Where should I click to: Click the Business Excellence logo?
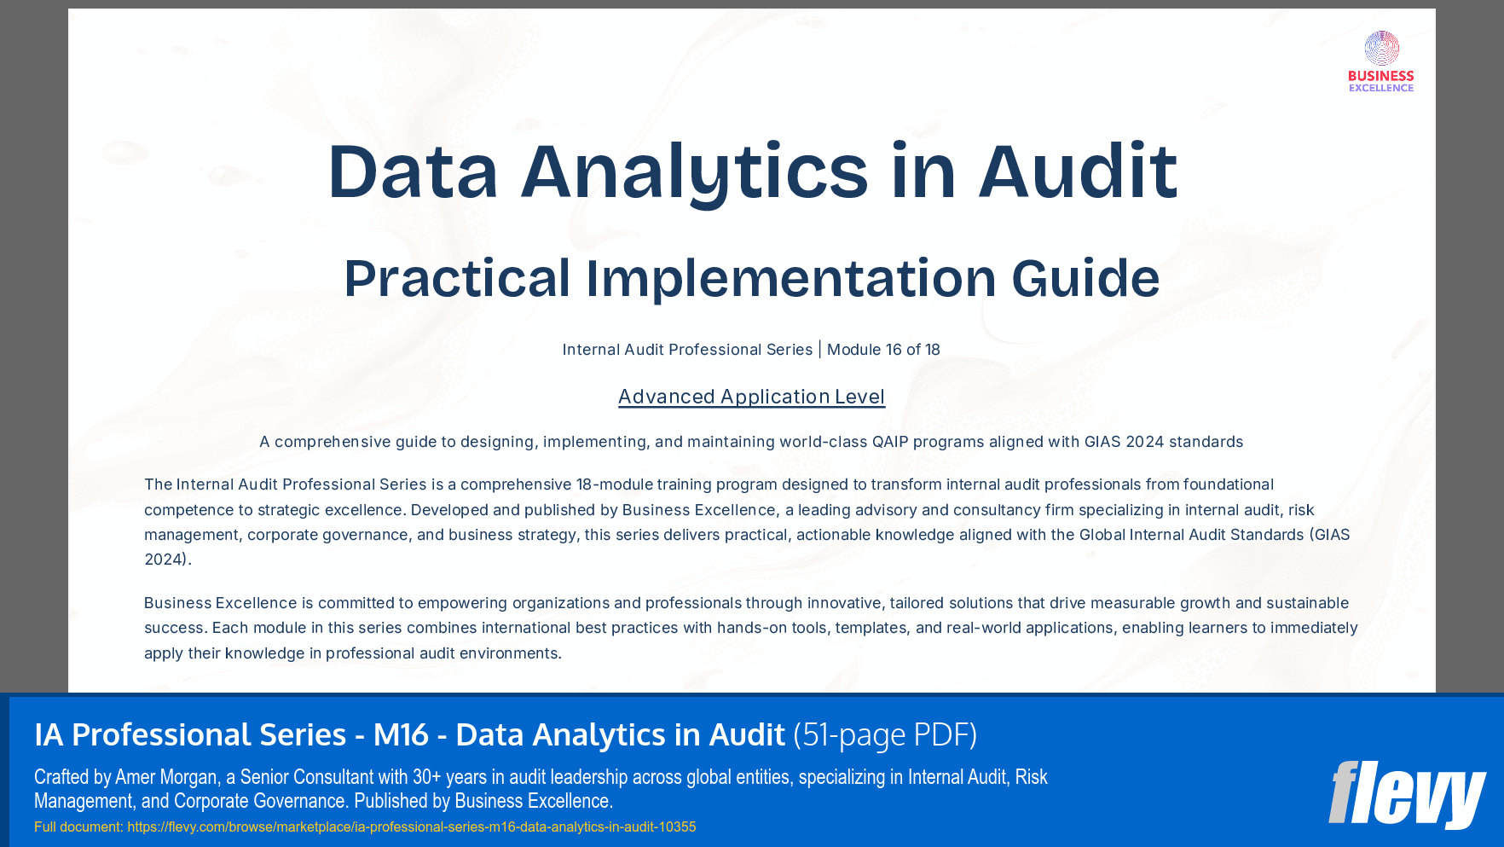coord(1381,61)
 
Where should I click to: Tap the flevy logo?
coord(1407,794)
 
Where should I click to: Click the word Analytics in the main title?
coord(694,172)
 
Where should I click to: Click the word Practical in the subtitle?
coord(457,279)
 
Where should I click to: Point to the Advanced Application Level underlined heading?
coord(751,397)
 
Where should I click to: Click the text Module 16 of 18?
coord(883,350)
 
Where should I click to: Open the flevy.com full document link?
coord(411,827)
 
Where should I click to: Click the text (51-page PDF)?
coord(885,734)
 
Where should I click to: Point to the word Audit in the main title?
coord(1078,172)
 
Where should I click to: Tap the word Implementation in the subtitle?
coord(790,279)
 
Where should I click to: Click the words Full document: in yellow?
coord(78,827)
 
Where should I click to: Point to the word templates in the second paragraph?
coord(871,628)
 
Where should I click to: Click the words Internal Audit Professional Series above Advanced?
coord(687,350)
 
